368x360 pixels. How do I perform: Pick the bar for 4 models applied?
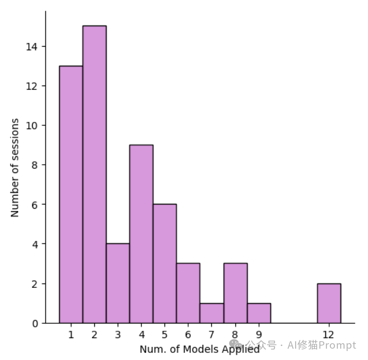(x=141, y=234)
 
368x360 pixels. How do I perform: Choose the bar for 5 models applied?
(x=164, y=264)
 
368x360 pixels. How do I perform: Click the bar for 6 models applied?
(x=188, y=293)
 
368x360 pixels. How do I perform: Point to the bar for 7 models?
(x=211, y=313)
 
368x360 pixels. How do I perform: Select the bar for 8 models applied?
(x=235, y=293)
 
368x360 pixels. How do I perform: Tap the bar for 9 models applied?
(x=259, y=313)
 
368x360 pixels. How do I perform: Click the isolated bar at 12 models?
(x=329, y=303)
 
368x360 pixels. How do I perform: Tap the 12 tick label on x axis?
(x=329, y=335)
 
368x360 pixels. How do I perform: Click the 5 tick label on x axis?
(x=164, y=335)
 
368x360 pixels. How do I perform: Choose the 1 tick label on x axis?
(x=71, y=335)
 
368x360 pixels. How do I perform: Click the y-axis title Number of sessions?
(x=15, y=168)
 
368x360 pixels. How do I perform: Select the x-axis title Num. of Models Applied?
(x=199, y=349)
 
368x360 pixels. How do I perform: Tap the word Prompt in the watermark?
(x=337, y=346)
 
